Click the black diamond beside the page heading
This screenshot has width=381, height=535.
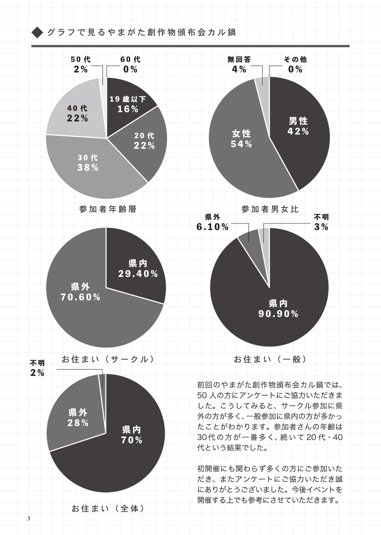(x=37, y=33)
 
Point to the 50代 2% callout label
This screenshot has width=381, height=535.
(x=80, y=64)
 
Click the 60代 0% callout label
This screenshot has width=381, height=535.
(x=130, y=64)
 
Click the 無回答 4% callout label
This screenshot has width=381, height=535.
(x=239, y=64)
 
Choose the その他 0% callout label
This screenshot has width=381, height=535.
(x=295, y=64)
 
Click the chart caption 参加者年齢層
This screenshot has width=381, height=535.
(x=108, y=209)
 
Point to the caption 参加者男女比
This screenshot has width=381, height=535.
(x=270, y=209)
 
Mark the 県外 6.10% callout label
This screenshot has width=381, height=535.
(x=213, y=222)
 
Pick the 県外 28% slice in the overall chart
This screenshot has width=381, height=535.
(x=78, y=418)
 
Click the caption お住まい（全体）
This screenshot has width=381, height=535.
(x=108, y=508)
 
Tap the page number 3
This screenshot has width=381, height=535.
(x=29, y=518)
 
